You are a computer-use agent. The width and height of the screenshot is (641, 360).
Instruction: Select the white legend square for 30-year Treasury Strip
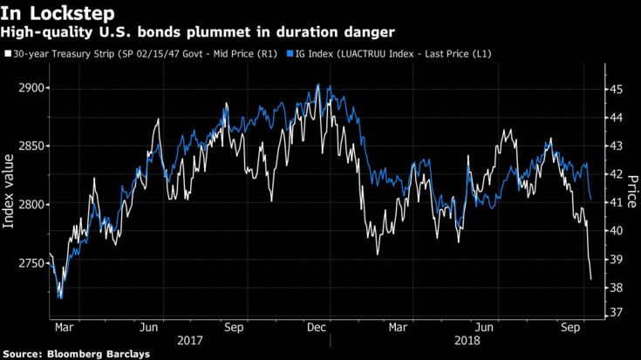[8, 54]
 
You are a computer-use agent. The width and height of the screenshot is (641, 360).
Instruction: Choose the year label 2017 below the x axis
[190, 341]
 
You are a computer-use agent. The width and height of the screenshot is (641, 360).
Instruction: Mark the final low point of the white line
[592, 280]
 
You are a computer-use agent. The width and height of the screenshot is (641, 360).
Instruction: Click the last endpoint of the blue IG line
[591, 200]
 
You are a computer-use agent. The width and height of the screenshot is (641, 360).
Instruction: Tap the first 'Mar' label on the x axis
[63, 328]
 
